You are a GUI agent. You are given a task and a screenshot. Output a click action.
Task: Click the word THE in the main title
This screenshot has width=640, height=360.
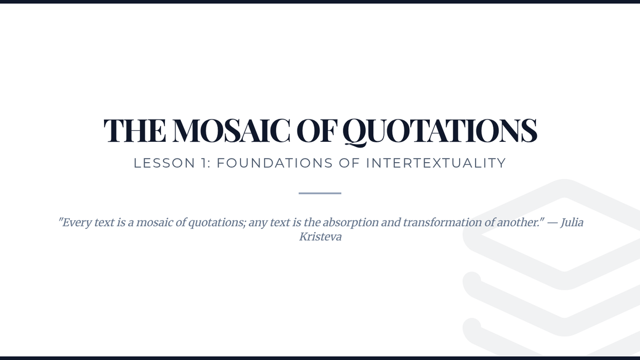135,130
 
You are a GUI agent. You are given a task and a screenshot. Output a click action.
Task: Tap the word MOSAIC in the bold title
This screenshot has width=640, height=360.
231,130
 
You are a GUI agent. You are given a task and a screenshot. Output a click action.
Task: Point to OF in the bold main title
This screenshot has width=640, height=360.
317,130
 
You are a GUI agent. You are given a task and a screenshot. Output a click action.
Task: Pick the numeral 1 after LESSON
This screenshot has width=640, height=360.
204,163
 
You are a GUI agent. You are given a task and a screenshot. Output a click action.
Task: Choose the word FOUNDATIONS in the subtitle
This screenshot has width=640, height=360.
275,163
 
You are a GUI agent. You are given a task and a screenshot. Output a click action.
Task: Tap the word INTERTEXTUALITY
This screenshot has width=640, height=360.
436,163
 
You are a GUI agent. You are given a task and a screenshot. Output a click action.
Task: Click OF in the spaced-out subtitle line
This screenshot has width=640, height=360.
349,163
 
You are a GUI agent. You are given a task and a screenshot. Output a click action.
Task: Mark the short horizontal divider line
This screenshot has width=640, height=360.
320,194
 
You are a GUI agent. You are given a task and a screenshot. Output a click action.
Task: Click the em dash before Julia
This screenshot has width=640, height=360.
553,223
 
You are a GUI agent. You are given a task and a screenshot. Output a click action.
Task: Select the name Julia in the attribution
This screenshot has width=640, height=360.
572,222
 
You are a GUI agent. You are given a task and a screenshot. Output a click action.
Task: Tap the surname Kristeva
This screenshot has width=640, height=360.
321,237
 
